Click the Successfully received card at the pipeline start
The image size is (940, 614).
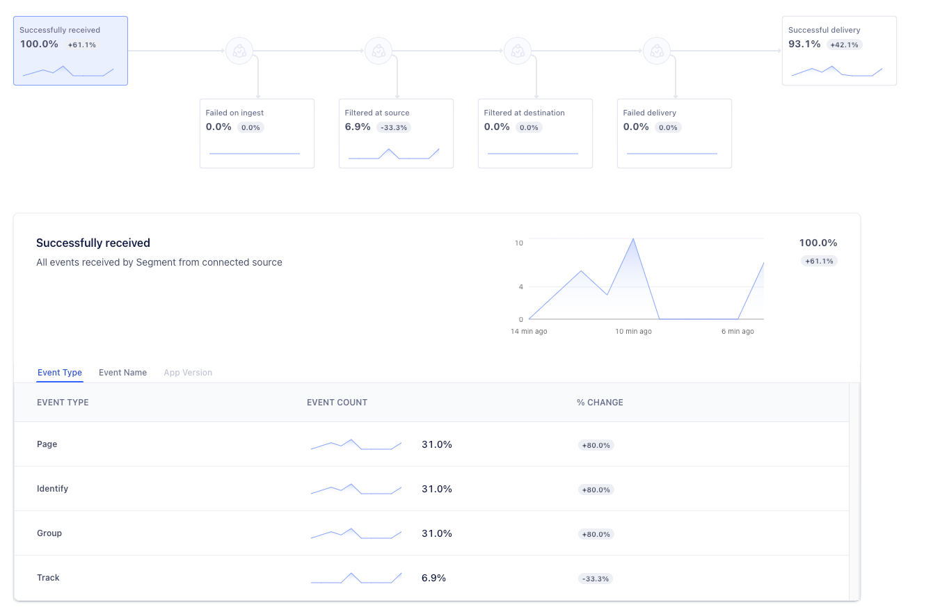coord(70,51)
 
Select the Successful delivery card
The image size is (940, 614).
coord(838,51)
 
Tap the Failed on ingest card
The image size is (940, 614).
coord(257,134)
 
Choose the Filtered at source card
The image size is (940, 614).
coord(396,134)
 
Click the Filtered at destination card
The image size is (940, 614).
coord(535,134)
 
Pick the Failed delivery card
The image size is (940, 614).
coord(674,134)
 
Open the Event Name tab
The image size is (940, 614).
coord(122,373)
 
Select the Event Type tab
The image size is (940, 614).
coord(60,373)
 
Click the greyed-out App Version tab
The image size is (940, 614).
coord(188,373)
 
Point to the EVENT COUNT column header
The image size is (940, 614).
coord(337,403)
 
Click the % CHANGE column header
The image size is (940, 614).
coord(600,403)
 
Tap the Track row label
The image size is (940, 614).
coord(48,578)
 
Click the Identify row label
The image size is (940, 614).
coord(52,489)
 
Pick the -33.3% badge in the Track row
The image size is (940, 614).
coord(596,579)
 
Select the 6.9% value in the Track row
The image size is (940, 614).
coord(433,578)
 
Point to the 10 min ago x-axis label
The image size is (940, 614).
coord(633,332)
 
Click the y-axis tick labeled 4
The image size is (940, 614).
coord(520,286)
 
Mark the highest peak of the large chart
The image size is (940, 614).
coord(633,239)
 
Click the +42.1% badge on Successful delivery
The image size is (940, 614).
coord(845,45)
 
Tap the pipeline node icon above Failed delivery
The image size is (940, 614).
coord(656,51)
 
